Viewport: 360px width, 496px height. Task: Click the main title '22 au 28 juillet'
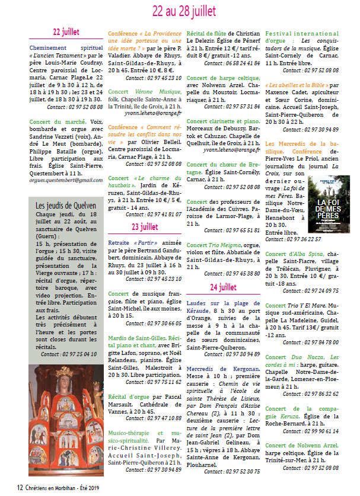184,10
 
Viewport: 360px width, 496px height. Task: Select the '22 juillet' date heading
66,31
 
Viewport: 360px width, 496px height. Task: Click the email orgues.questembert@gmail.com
66,180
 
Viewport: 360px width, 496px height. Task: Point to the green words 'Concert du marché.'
50,121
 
